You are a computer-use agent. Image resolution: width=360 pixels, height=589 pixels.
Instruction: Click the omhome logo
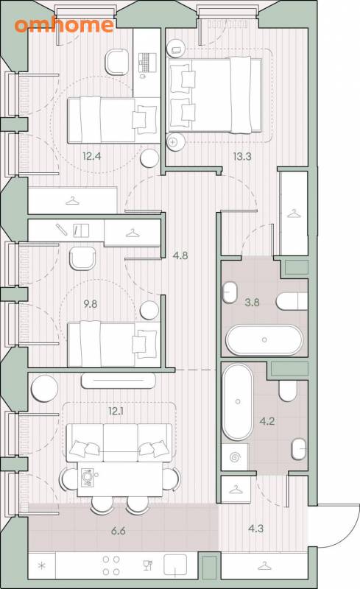tap(64, 25)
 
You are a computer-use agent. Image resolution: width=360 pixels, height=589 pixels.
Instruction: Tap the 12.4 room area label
tap(92, 155)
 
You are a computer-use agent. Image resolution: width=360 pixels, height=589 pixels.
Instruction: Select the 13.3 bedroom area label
tap(242, 156)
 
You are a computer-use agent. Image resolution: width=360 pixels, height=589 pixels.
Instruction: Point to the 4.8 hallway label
tap(180, 255)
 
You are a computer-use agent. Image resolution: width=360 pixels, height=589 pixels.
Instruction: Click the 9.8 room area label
tap(91, 303)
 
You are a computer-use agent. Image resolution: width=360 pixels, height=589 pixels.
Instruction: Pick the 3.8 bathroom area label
tap(252, 302)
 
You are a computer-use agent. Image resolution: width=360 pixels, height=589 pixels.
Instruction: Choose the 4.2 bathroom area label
tap(267, 421)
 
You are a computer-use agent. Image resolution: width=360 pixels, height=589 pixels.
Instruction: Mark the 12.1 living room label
tap(116, 411)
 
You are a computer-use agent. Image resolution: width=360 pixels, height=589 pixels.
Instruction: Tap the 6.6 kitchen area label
tap(118, 531)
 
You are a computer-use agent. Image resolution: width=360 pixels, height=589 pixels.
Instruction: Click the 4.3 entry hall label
tap(255, 529)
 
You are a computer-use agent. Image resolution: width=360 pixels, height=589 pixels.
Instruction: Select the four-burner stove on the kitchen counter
tap(111, 565)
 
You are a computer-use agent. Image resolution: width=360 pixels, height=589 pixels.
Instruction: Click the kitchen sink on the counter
tap(175, 565)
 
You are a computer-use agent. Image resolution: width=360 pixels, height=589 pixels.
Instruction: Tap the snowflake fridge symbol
tap(42, 565)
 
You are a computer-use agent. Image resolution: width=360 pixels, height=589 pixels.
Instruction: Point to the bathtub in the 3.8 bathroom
tap(264, 339)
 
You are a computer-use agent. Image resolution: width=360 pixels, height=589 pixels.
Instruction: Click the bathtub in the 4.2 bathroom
tap(238, 401)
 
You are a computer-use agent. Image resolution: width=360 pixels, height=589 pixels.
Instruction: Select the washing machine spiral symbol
tap(235, 457)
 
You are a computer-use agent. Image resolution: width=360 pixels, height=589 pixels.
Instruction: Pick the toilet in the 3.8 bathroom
tap(292, 301)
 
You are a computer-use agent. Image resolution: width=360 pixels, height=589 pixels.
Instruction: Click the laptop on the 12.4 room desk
tap(147, 63)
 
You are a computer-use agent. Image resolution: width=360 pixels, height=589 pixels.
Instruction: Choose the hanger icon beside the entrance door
tap(264, 565)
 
